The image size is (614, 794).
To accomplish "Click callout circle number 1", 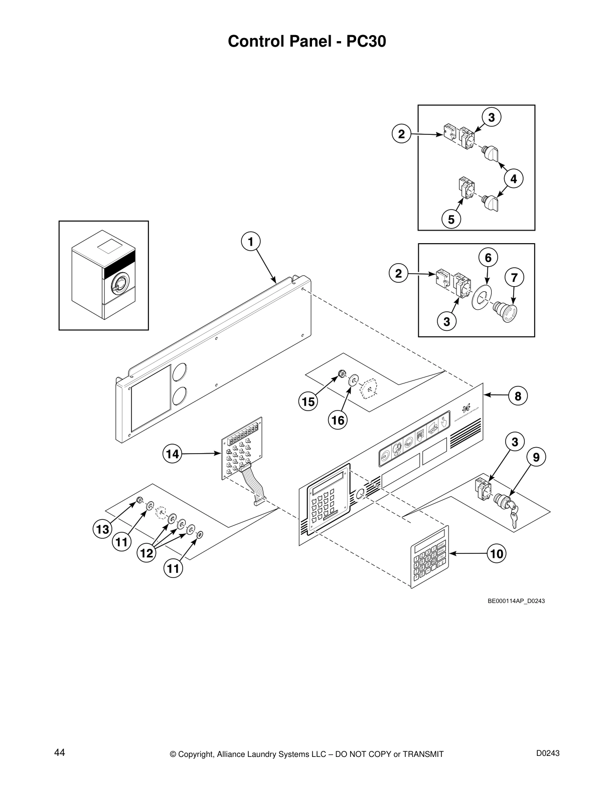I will click(x=250, y=241).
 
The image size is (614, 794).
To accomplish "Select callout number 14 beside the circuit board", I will click(x=172, y=454).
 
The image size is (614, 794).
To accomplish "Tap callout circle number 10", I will click(x=497, y=553).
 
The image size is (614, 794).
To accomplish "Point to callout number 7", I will click(x=514, y=277).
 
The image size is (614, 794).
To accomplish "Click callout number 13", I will click(x=102, y=529).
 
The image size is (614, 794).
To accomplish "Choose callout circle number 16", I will click(x=338, y=420).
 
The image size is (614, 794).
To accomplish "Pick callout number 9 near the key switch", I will click(x=536, y=457).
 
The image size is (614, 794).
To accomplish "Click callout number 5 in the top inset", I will click(x=451, y=219).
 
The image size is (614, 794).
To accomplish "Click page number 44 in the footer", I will click(x=60, y=752).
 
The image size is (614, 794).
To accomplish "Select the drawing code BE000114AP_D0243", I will click(x=516, y=601).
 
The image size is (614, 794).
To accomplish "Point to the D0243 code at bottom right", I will click(x=548, y=752).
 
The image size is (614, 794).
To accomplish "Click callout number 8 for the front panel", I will click(x=518, y=396).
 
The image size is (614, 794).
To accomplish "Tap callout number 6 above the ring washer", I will click(x=488, y=258).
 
